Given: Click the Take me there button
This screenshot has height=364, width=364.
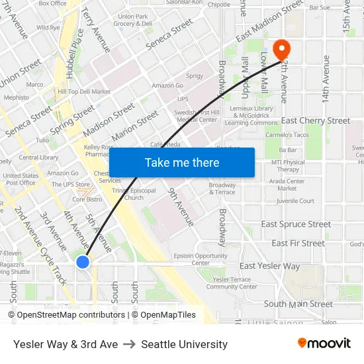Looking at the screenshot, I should coord(181,162).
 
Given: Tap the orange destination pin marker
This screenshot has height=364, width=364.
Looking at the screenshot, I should coord(281,48).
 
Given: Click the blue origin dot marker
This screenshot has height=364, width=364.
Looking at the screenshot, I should coord(83,262).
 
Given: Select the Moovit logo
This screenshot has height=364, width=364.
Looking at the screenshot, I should coord(324,343).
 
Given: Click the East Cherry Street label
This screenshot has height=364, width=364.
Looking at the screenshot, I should coord(315,121).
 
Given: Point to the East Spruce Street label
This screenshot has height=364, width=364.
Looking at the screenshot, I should coord(296,224).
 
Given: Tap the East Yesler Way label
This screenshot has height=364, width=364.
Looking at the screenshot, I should coord(269,266).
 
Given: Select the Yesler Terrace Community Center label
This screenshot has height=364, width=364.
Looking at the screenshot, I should coord(228,283).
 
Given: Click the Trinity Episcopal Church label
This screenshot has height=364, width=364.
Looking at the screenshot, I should coord(128,194).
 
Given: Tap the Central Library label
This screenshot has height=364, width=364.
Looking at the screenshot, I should coord(38,158).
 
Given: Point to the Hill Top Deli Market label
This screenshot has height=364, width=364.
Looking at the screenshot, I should coord(84,91).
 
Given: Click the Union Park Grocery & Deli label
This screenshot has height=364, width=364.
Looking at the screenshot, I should coord(132,20).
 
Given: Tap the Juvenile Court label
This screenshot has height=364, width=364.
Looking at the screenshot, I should coord(295,201).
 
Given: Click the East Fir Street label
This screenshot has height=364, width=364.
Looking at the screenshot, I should coord(298,244).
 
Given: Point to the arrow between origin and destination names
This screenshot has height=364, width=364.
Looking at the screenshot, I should coord(129,344).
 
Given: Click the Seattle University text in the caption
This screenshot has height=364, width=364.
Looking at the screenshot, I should coord(184,344).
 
